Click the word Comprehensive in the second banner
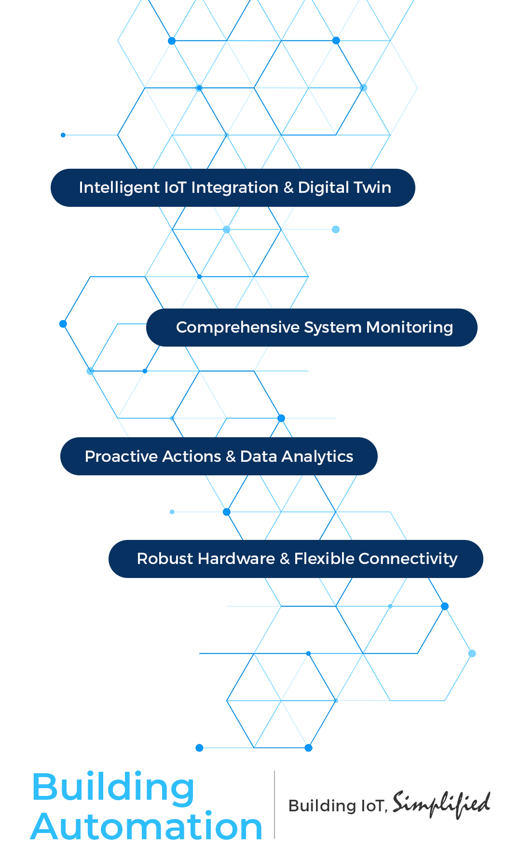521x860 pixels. click(238, 327)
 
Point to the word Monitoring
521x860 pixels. click(410, 327)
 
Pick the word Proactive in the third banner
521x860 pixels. click(116, 457)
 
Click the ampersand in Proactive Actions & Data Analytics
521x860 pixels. click(231, 457)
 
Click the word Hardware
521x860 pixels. click(236, 559)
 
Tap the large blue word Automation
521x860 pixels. click(147, 827)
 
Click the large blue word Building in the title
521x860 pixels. click(113, 787)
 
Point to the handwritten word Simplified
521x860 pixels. click(441, 804)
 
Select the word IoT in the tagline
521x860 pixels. click(372, 806)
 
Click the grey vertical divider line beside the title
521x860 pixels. click(274, 805)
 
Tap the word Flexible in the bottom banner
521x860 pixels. click(324, 559)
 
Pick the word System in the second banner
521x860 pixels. click(333, 327)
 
